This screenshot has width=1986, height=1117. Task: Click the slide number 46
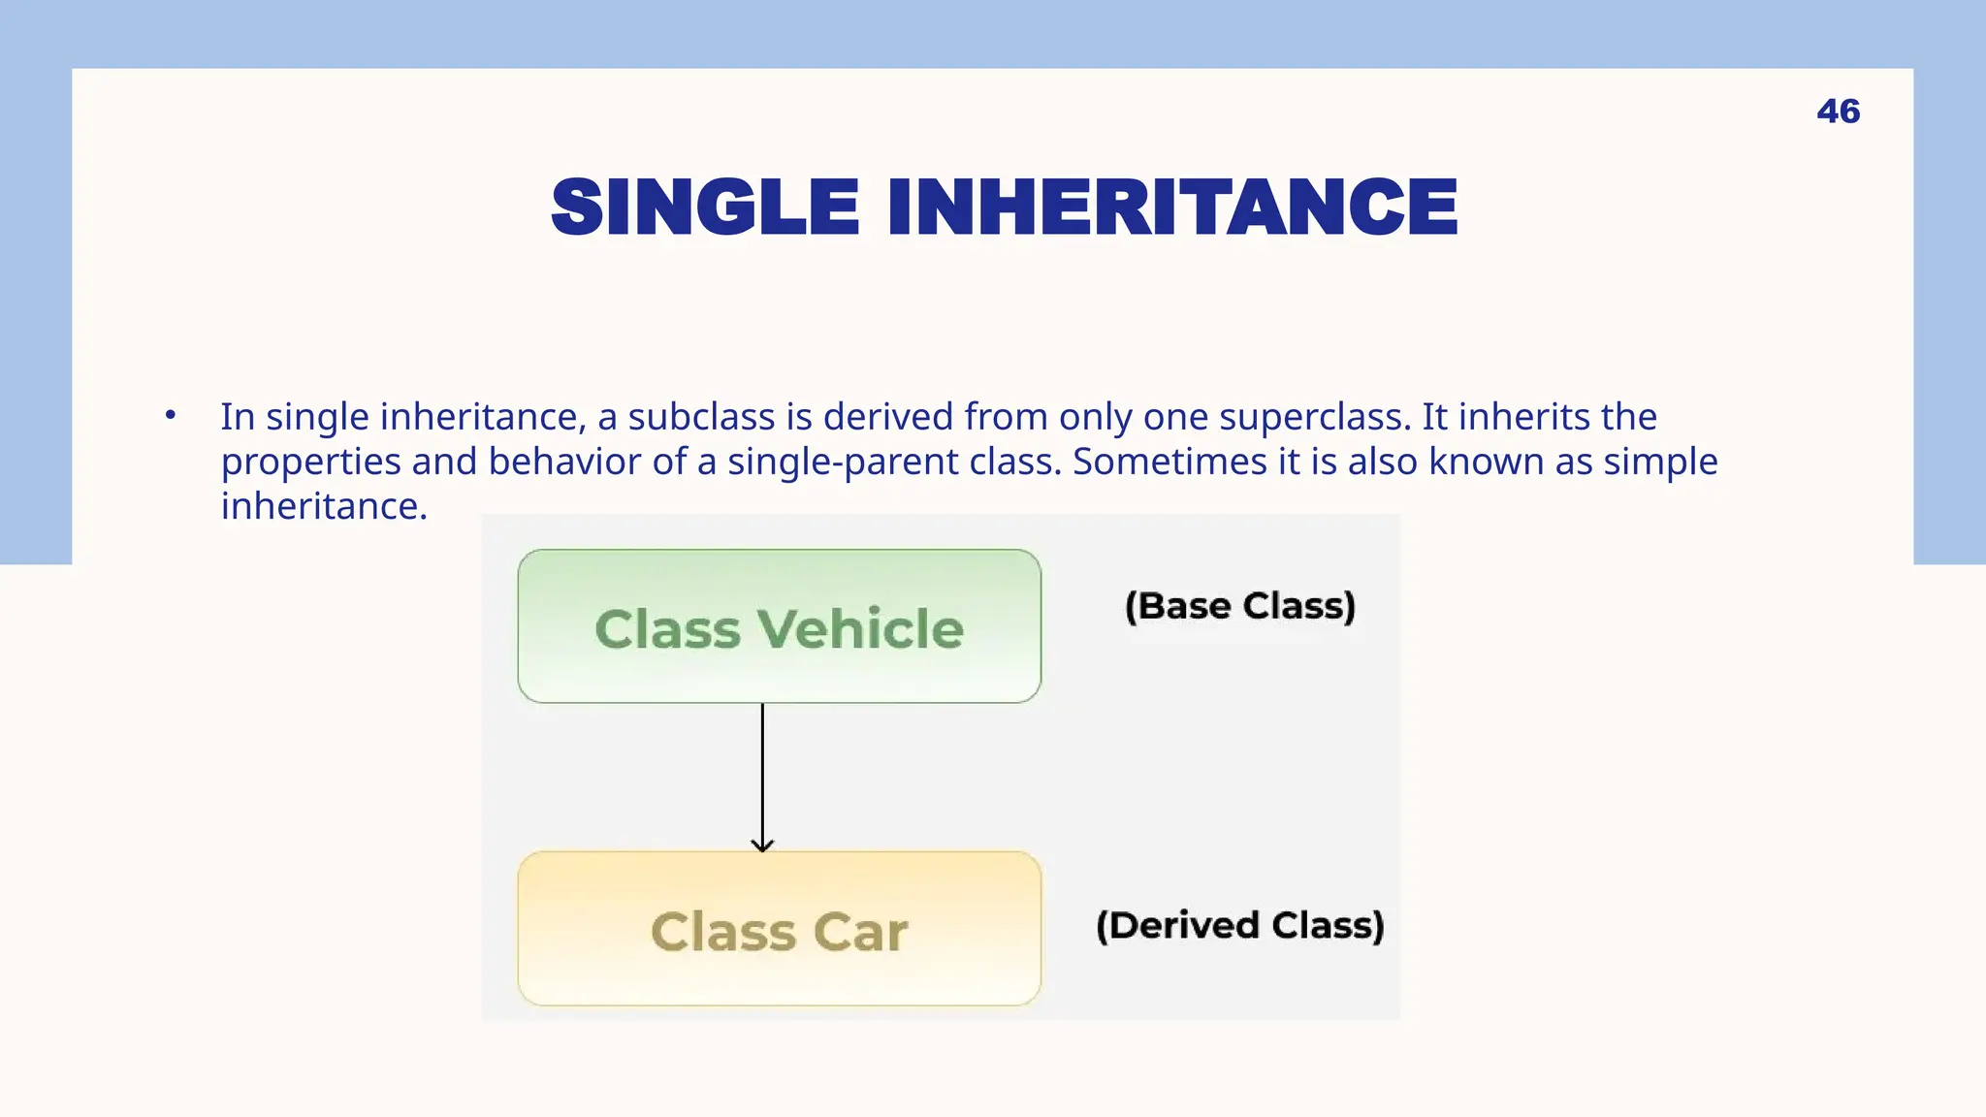[1838, 112]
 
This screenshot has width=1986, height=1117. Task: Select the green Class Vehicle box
[779, 626]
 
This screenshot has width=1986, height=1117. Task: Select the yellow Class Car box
[779, 929]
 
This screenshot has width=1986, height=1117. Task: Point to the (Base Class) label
[1239, 606]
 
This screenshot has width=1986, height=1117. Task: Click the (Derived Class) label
[1239, 925]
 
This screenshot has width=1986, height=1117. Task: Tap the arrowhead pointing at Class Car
[762, 846]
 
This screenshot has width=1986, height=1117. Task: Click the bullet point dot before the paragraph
[171, 415]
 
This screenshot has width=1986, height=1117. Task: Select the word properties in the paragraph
[310, 463]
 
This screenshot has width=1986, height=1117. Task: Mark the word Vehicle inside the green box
[860, 629]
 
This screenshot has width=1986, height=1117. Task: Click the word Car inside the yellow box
[860, 933]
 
